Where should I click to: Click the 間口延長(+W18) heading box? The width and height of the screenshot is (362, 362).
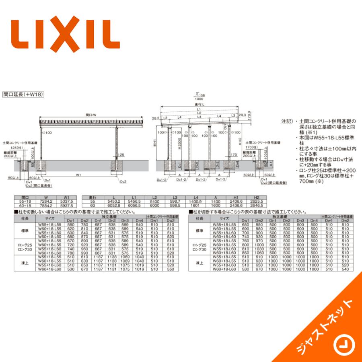click(x=23, y=95)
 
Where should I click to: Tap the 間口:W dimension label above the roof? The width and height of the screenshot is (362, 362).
click(x=91, y=115)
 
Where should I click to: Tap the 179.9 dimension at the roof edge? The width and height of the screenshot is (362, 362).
click(x=250, y=115)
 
